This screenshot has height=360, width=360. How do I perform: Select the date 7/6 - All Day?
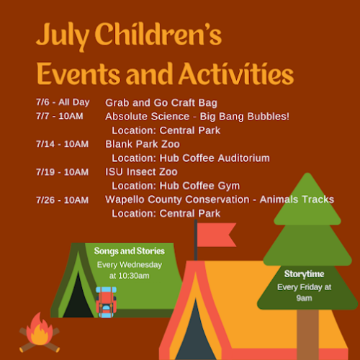point(63,102)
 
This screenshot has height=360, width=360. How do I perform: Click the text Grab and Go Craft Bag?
point(161,102)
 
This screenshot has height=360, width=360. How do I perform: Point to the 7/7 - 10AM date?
point(61,116)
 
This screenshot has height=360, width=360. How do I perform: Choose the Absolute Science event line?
point(197,116)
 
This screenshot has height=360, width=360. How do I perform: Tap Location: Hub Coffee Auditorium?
point(191,158)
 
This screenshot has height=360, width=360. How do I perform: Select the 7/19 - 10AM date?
point(62,171)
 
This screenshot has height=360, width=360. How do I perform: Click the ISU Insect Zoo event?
point(141,171)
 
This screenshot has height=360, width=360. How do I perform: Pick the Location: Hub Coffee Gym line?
point(176,185)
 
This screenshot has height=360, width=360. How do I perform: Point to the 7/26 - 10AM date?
point(62,199)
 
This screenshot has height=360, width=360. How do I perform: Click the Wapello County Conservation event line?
point(220,199)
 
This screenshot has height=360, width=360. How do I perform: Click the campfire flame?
point(38,329)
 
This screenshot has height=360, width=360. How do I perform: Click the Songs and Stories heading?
point(130,251)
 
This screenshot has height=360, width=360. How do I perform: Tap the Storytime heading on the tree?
point(304,274)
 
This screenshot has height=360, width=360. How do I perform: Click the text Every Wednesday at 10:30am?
point(130,270)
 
